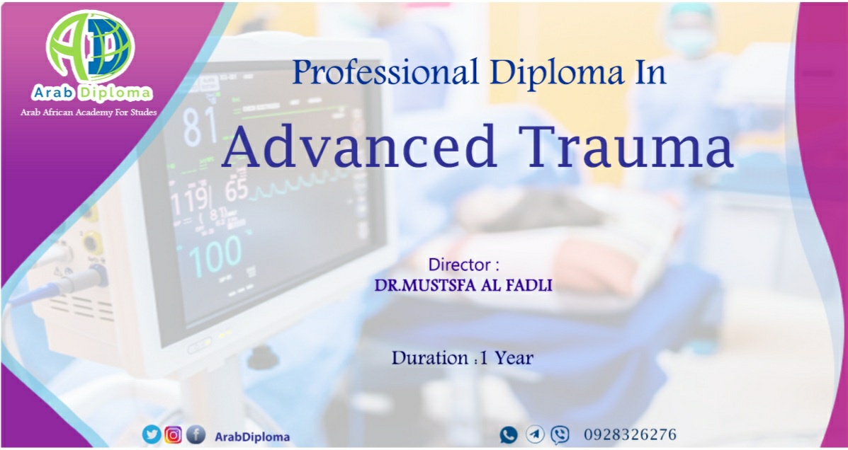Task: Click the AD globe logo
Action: tap(90, 47)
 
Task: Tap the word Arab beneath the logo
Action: tap(54, 93)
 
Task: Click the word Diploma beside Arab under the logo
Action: tap(115, 93)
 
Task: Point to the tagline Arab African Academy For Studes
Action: tap(89, 113)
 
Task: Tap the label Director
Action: tap(463, 265)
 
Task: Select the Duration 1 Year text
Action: tap(463, 357)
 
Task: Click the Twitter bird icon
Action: tap(152, 434)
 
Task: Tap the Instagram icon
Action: tap(173, 434)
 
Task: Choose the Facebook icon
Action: tap(196, 434)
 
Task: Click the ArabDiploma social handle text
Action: tap(252, 437)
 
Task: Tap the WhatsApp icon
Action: tap(509, 435)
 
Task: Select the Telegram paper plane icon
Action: tap(535, 434)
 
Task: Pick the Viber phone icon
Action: tap(560, 434)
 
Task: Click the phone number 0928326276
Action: tap(630, 434)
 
